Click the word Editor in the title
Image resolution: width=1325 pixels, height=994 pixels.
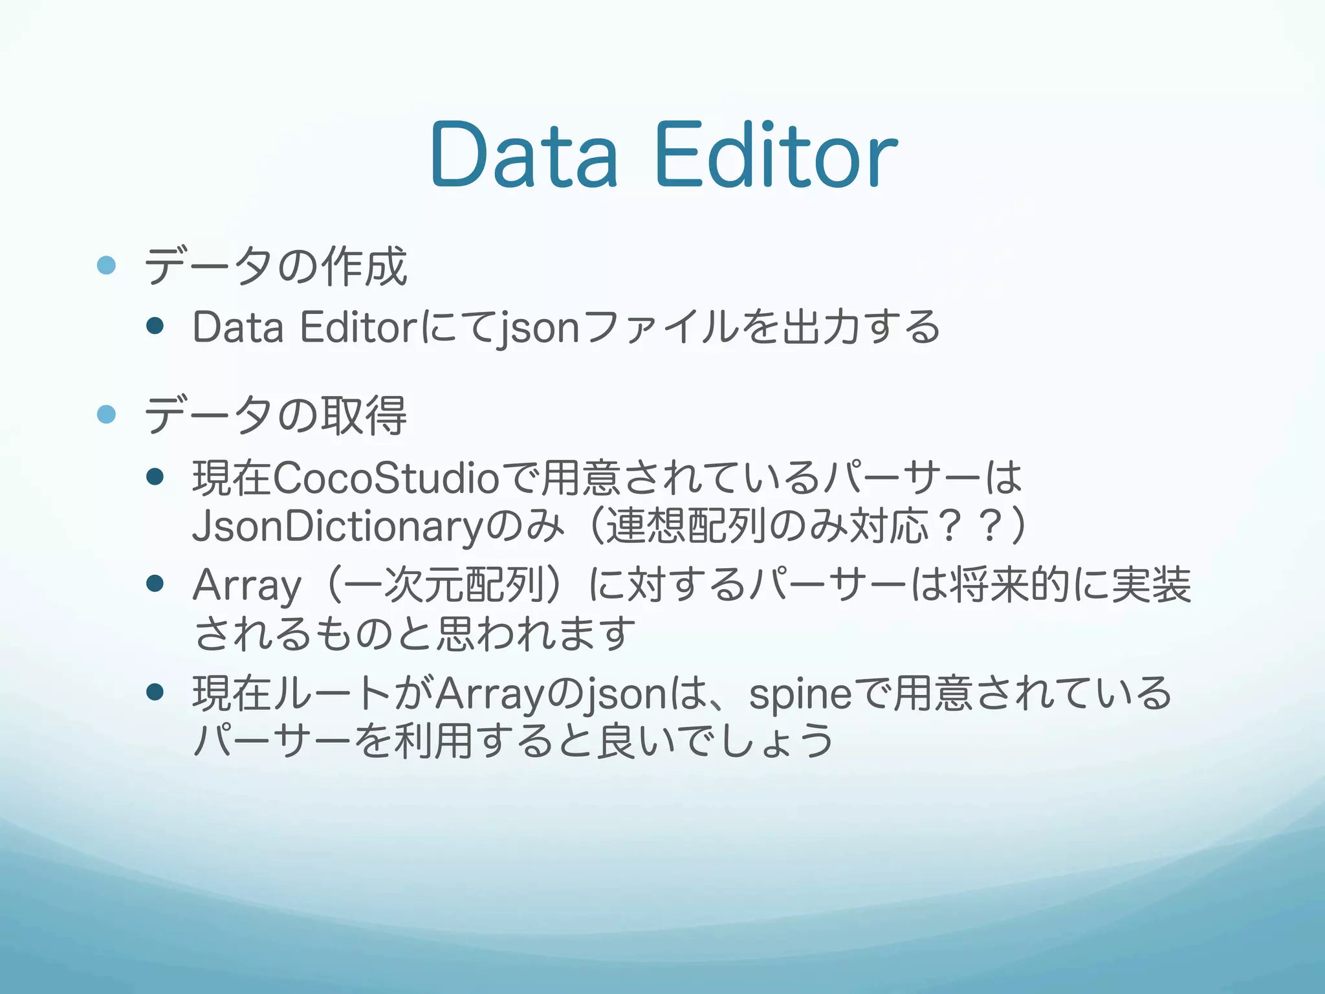(776, 155)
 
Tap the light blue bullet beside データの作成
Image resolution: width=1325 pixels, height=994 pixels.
(106, 265)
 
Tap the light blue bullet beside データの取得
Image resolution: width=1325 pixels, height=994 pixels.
(106, 414)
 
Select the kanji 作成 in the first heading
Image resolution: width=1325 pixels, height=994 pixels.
(365, 266)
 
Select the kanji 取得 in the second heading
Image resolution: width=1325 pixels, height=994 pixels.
(365, 415)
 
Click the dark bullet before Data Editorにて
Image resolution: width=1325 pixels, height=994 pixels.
(155, 325)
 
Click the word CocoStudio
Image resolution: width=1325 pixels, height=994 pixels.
(386, 479)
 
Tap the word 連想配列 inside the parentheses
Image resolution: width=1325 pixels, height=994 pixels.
(686, 525)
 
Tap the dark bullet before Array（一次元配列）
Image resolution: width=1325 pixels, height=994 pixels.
(155, 584)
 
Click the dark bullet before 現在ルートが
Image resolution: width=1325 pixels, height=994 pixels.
(155, 692)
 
